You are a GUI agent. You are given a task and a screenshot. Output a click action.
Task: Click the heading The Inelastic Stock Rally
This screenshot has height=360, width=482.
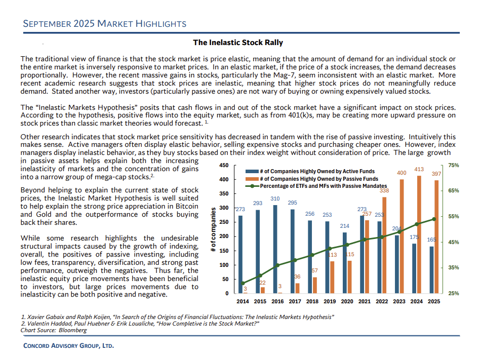click(x=238, y=43)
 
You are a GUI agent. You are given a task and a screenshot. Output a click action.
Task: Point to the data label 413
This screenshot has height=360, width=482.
click(x=419, y=169)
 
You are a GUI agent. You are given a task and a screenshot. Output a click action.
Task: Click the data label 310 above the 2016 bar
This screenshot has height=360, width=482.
click(x=275, y=198)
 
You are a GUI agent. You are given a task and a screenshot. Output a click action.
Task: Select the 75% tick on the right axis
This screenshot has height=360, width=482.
click(x=454, y=166)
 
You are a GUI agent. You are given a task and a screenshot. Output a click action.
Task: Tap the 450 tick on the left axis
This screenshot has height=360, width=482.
click(x=224, y=166)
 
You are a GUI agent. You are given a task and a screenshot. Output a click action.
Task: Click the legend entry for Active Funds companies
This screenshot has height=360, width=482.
click(x=317, y=172)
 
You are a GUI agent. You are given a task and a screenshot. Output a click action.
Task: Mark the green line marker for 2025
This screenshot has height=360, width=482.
click(x=434, y=219)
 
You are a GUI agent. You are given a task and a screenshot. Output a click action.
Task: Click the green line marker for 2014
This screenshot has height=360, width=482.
click(x=243, y=284)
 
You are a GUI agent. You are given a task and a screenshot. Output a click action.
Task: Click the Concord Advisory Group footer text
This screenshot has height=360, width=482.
click(x=69, y=346)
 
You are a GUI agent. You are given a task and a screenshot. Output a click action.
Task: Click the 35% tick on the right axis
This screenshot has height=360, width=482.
click(x=454, y=268)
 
